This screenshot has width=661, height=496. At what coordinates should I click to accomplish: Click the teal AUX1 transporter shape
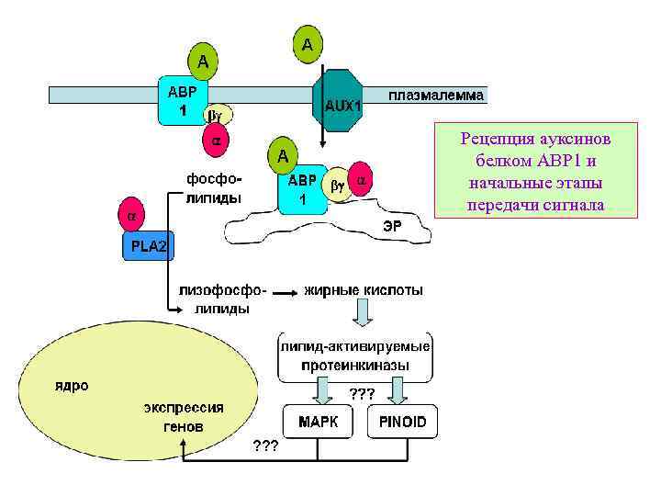click(342, 103)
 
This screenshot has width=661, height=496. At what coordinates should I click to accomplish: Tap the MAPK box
click(319, 423)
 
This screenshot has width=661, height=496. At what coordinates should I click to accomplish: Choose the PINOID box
click(403, 423)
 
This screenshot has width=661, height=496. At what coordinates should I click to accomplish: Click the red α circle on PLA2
click(130, 217)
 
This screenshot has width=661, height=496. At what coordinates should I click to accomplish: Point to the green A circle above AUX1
click(308, 45)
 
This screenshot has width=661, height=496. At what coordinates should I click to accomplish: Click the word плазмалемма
click(436, 96)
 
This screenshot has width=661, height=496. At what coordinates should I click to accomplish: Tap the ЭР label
click(405, 224)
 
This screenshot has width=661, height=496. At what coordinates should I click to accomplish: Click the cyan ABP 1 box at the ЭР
click(302, 190)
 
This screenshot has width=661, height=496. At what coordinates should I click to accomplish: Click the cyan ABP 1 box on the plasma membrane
click(183, 100)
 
